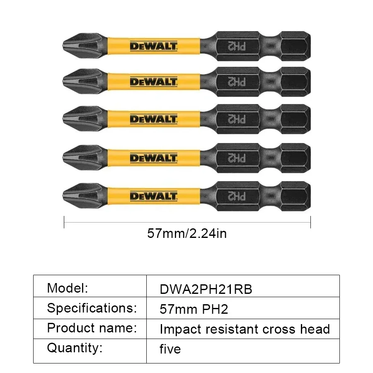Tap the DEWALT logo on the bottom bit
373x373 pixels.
pos(153,196)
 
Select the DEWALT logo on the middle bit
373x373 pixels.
pos(153,119)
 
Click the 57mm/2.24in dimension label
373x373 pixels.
pos(187,234)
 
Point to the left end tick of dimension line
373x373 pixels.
pos(64,222)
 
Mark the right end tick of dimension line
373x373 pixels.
pos(310,222)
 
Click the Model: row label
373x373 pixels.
pos(68,288)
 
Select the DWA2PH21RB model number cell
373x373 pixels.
pos(206,289)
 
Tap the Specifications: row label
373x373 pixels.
pos(92,308)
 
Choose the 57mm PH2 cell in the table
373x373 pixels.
pos(194,309)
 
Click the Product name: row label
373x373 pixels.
pos(92,328)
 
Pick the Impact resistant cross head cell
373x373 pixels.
pos(245,329)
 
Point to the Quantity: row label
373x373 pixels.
pos(74,348)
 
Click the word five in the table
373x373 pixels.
pos(170,349)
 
